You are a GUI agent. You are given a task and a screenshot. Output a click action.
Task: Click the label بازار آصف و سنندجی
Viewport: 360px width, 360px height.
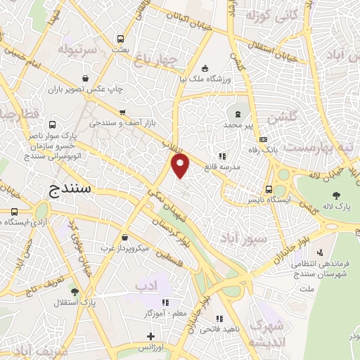click(123, 122)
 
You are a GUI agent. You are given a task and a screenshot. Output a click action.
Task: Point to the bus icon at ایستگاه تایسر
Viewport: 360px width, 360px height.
click(269, 189)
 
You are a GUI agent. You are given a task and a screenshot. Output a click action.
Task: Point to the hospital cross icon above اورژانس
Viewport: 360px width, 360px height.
click(150, 337)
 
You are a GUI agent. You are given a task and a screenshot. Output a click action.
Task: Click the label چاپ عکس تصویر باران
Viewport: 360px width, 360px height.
click(85, 90)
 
